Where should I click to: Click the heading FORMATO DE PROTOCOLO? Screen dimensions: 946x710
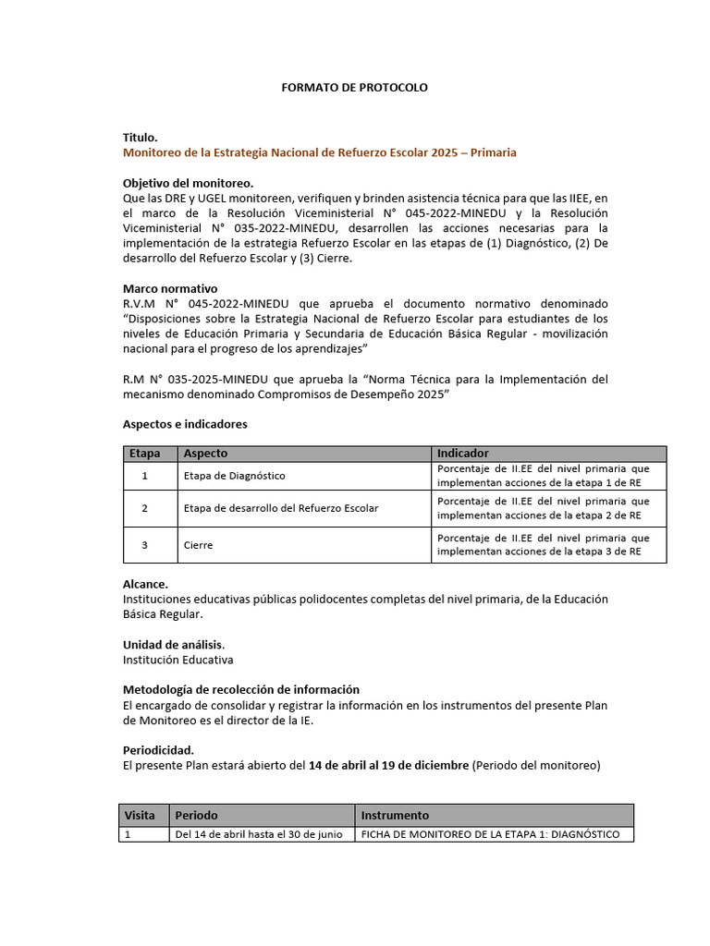click(354, 87)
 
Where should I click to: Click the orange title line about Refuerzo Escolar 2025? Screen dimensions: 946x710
click(319, 152)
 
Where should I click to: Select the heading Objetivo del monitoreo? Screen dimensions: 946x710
click(188, 183)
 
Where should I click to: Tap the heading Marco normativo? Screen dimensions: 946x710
click(170, 288)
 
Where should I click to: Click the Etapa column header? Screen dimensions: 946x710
click(144, 454)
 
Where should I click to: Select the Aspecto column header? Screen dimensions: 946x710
click(205, 454)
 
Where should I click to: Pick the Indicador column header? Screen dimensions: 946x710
click(462, 454)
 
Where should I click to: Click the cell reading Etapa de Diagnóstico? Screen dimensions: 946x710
click(235, 476)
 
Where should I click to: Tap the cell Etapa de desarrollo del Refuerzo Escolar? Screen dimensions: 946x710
click(281, 508)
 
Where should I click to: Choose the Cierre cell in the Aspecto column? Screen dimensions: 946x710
click(199, 545)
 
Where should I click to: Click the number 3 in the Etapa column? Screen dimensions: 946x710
click(144, 545)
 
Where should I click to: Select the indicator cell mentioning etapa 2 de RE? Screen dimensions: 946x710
click(543, 508)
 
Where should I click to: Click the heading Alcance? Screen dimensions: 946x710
click(146, 584)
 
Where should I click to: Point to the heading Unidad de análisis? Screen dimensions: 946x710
click(174, 644)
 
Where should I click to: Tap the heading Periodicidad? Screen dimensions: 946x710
click(158, 750)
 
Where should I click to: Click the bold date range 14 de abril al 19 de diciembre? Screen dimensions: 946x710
click(388, 765)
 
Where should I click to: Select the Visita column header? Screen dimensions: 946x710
click(141, 816)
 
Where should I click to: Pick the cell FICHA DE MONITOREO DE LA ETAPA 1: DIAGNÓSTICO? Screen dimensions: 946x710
click(490, 835)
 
